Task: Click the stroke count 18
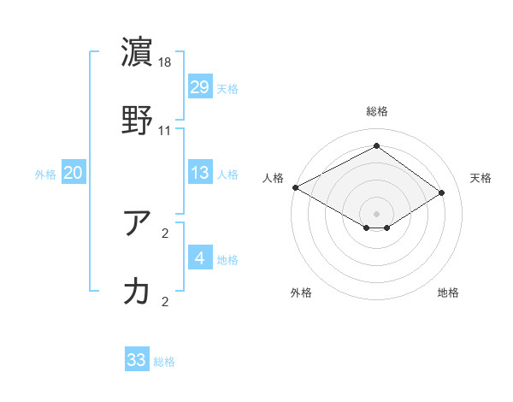[166, 62]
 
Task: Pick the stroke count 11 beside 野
[165, 131]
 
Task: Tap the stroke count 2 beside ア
[165, 234]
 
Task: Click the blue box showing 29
[200, 87]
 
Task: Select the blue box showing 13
[200, 174]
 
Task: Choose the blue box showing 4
[200, 258]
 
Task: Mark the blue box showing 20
[73, 174]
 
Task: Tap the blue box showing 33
[137, 360]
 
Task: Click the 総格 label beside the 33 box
[164, 362]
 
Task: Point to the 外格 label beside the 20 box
[45, 174]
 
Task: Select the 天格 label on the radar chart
[481, 178]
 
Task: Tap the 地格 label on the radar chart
[448, 293]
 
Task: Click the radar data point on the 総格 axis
[376, 146]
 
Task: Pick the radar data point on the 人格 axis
[295, 187]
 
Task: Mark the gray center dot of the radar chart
[376, 213]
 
